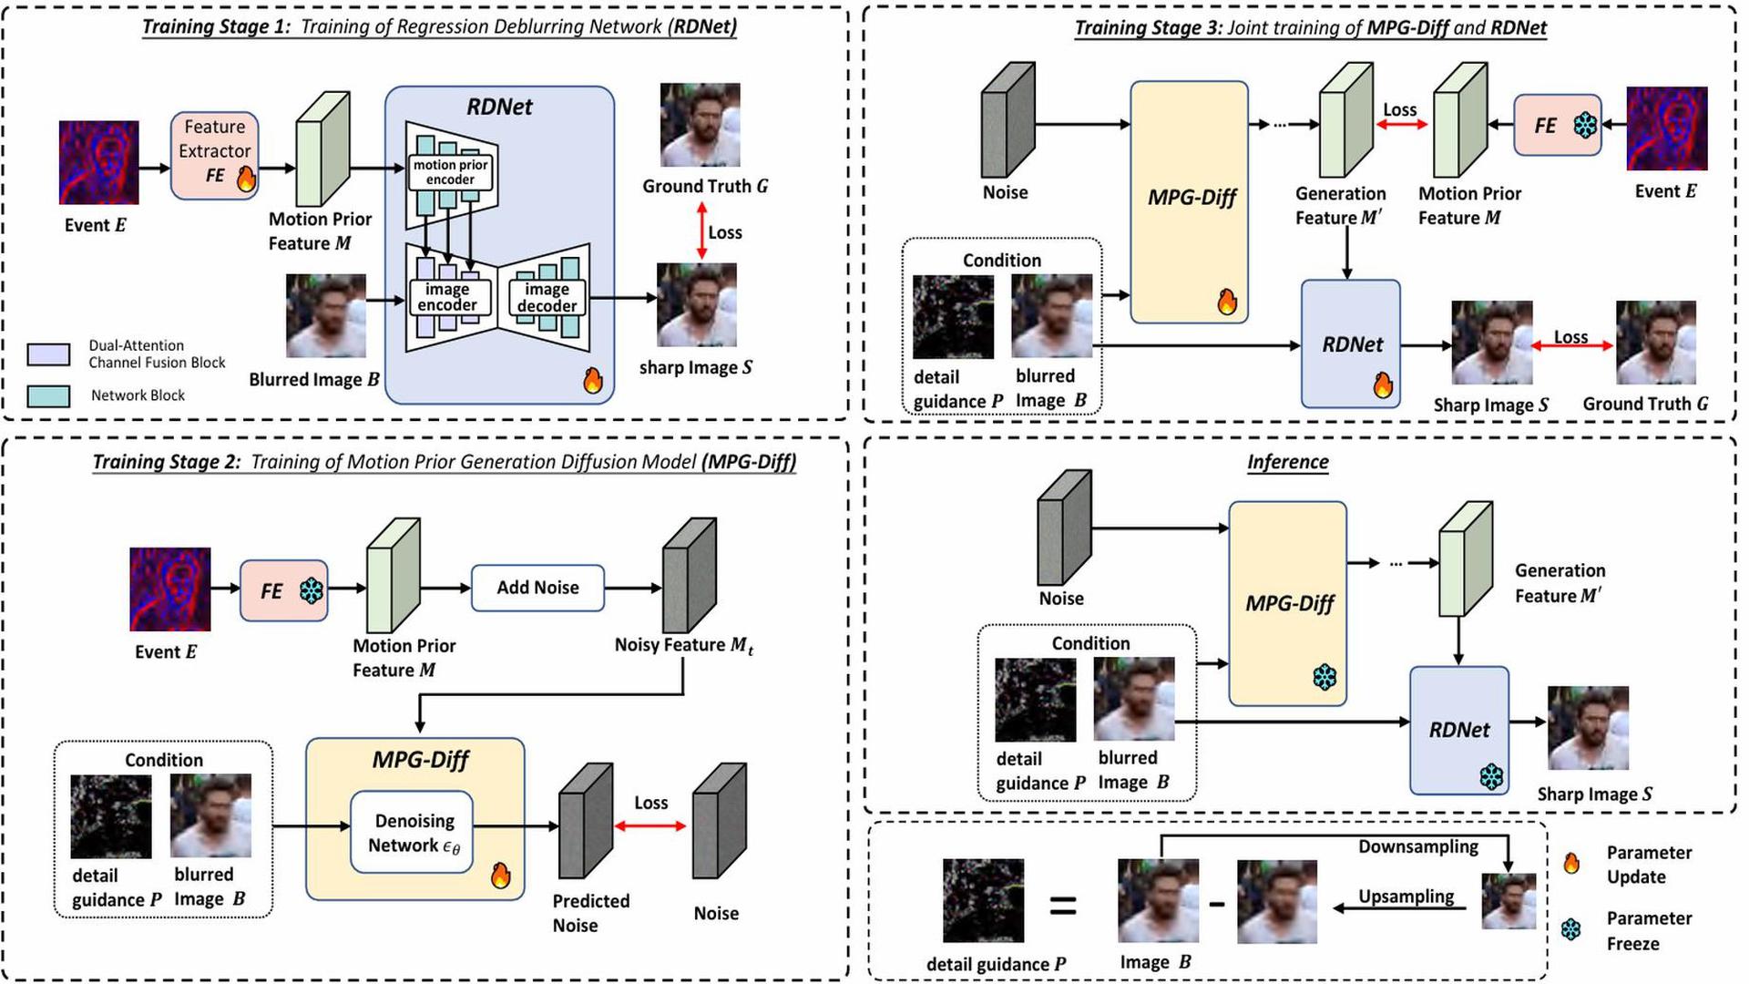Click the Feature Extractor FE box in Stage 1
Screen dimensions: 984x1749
[x=214, y=154]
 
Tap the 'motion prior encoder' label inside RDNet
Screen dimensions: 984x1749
[x=451, y=172]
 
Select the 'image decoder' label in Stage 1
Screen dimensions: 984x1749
[x=547, y=297]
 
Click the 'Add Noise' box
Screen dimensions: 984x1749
[x=537, y=588]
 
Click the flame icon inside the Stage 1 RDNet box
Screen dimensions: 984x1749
[x=593, y=380]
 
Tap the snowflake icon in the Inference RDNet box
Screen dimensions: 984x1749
[x=1491, y=776]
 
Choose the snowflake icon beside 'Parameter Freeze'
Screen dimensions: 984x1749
[x=1571, y=930]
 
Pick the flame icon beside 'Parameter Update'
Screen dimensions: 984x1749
[x=1571, y=863]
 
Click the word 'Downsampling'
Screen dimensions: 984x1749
[x=1418, y=846]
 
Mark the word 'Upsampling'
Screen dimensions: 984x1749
[x=1406, y=897]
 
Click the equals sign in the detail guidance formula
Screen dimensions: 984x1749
[x=1063, y=906]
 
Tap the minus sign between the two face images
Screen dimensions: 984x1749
[x=1217, y=904]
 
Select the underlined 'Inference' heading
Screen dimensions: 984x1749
[x=1287, y=462]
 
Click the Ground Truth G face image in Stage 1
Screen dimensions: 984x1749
[x=700, y=125]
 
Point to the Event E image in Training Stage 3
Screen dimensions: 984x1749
[x=1666, y=128]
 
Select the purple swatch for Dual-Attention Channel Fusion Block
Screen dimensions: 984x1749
[x=48, y=354]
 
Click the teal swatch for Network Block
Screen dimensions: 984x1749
[x=48, y=395]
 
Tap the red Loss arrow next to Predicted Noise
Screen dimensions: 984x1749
[x=650, y=825]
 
